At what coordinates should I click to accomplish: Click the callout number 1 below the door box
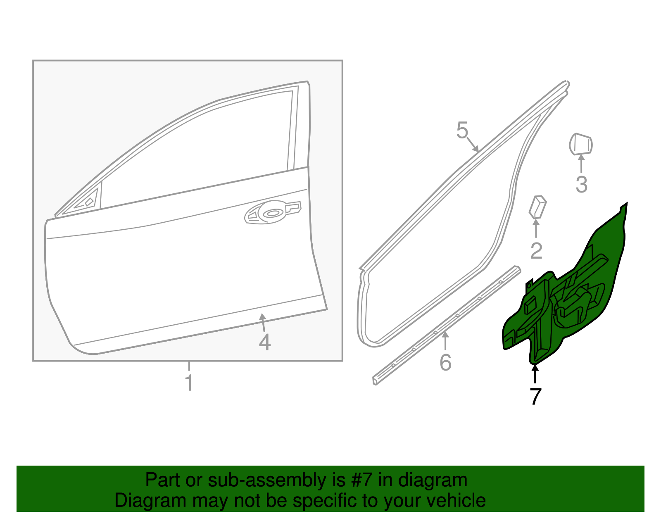(x=189, y=383)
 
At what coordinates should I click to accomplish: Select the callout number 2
(x=536, y=250)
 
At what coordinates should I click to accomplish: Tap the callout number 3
(x=581, y=184)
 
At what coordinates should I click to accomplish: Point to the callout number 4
(x=264, y=342)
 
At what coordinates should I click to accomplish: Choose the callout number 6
(x=445, y=362)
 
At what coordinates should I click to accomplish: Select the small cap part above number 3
(x=580, y=144)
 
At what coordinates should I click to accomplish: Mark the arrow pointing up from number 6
(x=445, y=341)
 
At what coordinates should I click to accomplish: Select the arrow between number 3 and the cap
(x=581, y=163)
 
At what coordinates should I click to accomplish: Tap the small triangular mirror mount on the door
(x=87, y=201)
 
